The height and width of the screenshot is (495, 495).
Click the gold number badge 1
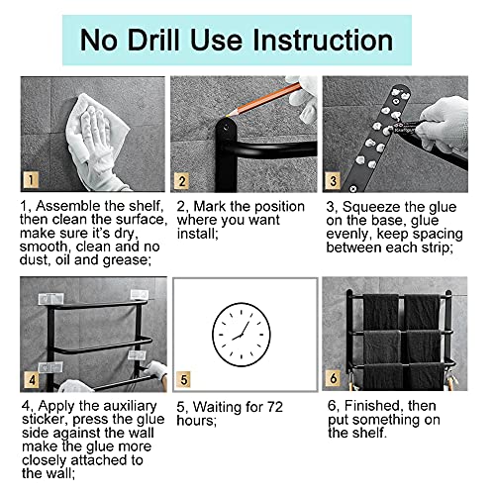pos(31,180)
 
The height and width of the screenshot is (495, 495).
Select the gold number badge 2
pos(181,181)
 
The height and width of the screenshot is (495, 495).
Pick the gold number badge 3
pos(333,181)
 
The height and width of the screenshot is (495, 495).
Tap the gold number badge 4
pos(32,380)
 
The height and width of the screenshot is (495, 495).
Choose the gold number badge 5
pos(183,380)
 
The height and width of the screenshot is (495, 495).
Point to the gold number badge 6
pos(334,378)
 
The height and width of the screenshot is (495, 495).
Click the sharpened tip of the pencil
pos(227,116)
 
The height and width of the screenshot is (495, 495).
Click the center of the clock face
pos(242,335)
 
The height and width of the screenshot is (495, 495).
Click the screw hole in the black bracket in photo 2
pos(227,127)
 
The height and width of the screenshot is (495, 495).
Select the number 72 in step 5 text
pos(275,407)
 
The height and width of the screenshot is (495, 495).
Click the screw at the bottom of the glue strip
pos(352,188)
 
